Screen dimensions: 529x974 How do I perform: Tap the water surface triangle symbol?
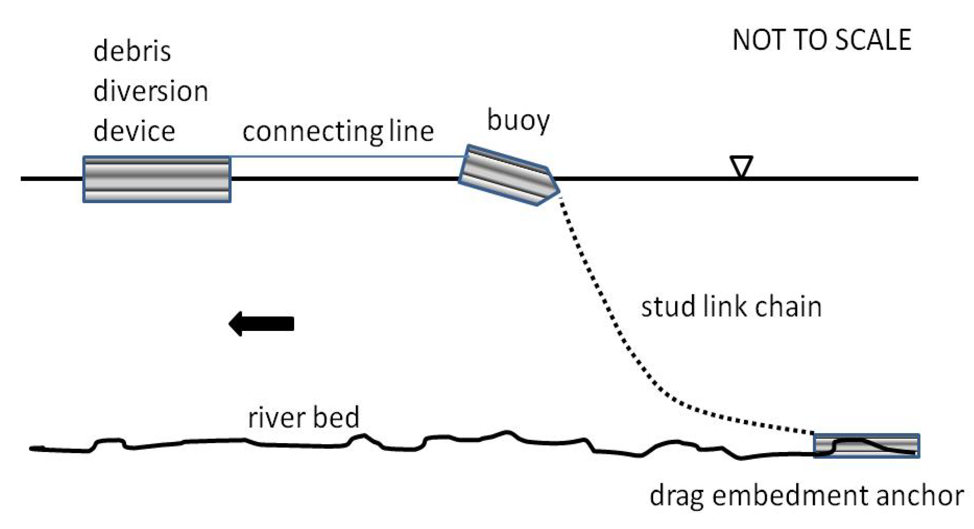click(x=741, y=165)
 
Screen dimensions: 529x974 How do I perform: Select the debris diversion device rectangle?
click(x=157, y=179)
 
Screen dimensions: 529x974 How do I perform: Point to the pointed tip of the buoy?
click(x=557, y=191)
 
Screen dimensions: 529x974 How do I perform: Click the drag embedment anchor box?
click(x=866, y=446)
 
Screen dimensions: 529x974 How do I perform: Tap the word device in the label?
click(x=134, y=131)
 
